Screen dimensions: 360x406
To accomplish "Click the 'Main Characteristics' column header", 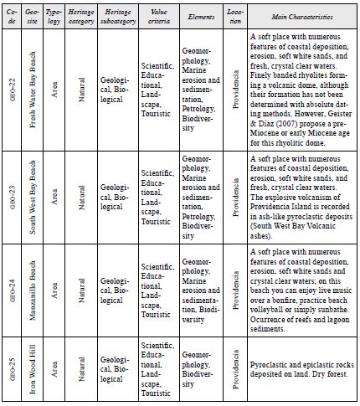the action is coord(301,16).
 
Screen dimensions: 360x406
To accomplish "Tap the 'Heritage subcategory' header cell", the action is coord(116,16).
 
